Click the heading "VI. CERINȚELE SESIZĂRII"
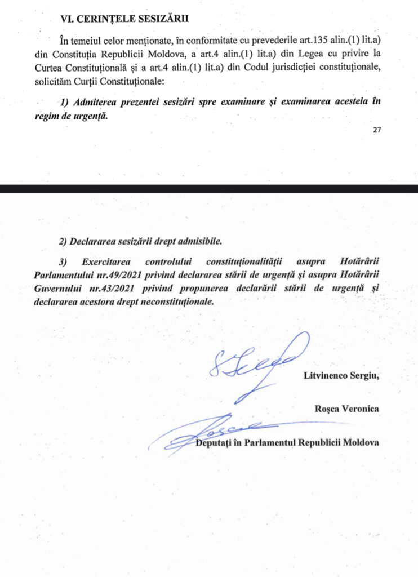click(124, 19)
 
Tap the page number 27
click(377, 130)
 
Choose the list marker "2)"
click(64, 241)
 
